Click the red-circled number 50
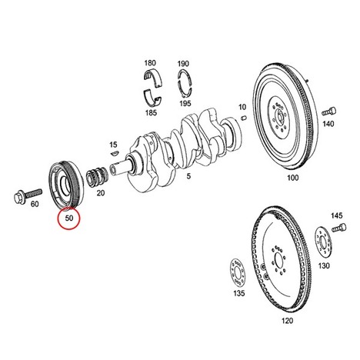[x=69, y=218]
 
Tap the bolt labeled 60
[x=28, y=195]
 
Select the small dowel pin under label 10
[x=244, y=118]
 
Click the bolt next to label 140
[x=329, y=112]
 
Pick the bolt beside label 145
[x=339, y=228]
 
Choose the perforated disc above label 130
[x=323, y=241]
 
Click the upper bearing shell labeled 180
[x=153, y=77]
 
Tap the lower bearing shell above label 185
[x=152, y=98]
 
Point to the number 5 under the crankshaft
[x=188, y=176]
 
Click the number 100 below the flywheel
[x=292, y=178]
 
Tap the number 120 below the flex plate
[x=287, y=321]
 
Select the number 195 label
[x=185, y=103]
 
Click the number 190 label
[x=184, y=63]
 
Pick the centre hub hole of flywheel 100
[x=279, y=118]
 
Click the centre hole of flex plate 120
[x=278, y=261]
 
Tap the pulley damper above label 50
[x=65, y=184]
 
